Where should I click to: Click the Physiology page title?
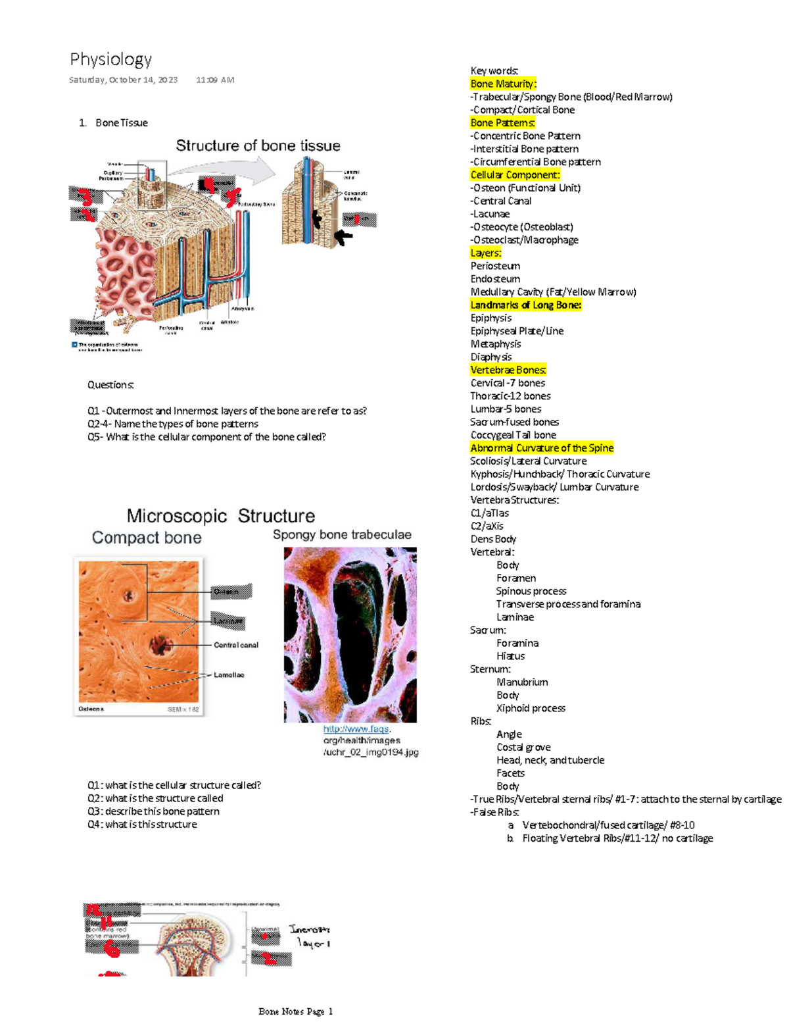pyautogui.click(x=110, y=59)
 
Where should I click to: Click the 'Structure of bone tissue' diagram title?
pyautogui.click(x=258, y=145)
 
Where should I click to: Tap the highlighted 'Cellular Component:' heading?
pyautogui.click(x=515, y=175)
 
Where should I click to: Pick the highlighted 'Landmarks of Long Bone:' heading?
pyautogui.click(x=525, y=305)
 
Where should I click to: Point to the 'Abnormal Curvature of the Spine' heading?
pyautogui.click(x=542, y=448)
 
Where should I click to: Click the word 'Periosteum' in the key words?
pyautogui.click(x=495, y=266)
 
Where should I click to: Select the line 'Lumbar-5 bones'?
pyautogui.click(x=506, y=409)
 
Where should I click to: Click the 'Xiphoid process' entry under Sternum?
pyautogui.click(x=531, y=708)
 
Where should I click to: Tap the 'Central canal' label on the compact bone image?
pyautogui.click(x=235, y=645)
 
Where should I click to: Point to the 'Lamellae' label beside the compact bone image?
pyautogui.click(x=228, y=675)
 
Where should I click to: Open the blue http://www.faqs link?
pyautogui.click(x=356, y=729)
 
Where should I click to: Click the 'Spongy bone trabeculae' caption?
pyautogui.click(x=342, y=534)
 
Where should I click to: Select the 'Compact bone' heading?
pyautogui.click(x=147, y=538)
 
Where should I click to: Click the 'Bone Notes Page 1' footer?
pyautogui.click(x=296, y=1011)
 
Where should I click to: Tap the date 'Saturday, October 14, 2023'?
pyautogui.click(x=124, y=80)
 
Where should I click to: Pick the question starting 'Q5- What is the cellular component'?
pyautogui.click(x=206, y=437)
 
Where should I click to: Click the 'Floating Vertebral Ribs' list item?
pyautogui.click(x=617, y=838)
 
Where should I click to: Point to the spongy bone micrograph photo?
pyautogui.click(x=350, y=635)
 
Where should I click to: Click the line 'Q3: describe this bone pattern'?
pyautogui.click(x=153, y=811)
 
